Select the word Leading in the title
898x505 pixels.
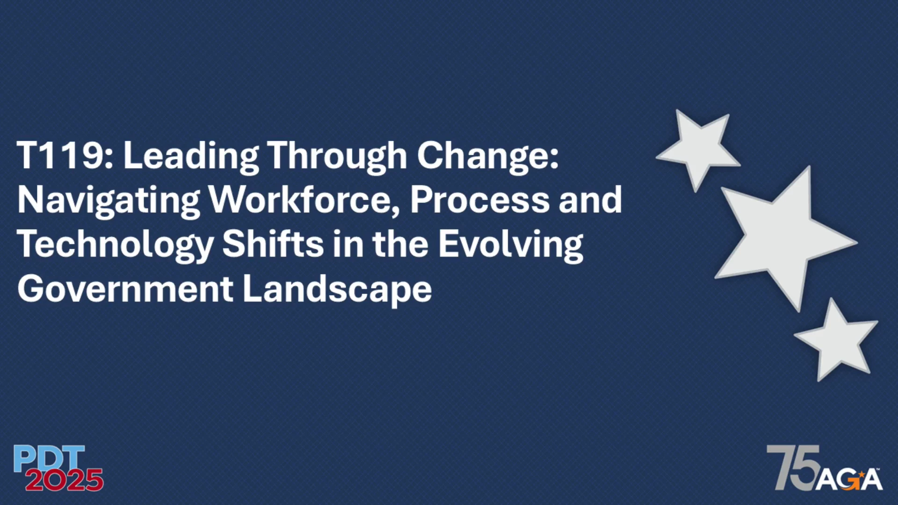(x=191, y=157)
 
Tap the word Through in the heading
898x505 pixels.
(x=337, y=157)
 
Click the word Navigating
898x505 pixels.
(x=109, y=202)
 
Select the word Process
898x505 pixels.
(x=480, y=200)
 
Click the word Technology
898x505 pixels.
(x=116, y=245)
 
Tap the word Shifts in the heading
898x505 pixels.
(x=273, y=244)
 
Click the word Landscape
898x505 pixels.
(x=337, y=290)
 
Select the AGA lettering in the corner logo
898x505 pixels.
(x=849, y=479)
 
